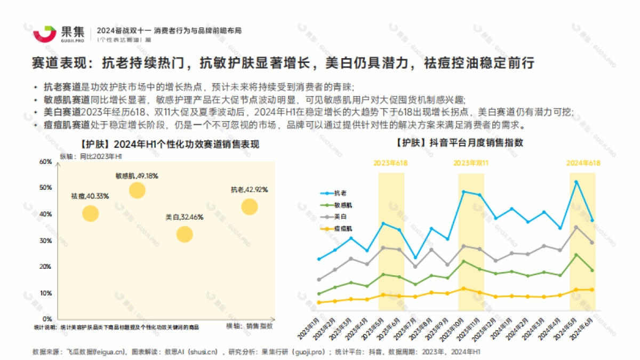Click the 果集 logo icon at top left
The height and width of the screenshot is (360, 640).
pyautogui.click(x=45, y=33)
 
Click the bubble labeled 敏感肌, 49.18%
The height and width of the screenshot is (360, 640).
pyautogui.click(x=137, y=190)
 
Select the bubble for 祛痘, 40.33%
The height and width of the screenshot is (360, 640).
pyautogui.click(x=91, y=213)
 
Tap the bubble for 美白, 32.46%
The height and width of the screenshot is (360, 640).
pyautogui.click(x=184, y=234)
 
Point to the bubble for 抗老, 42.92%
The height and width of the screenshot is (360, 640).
pyautogui.click(x=249, y=206)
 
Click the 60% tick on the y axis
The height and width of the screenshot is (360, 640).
pyautogui.click(x=46, y=162)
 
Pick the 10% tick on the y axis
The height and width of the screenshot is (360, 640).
pyautogui.click(x=46, y=293)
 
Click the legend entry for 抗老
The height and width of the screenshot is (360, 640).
pyautogui.click(x=340, y=193)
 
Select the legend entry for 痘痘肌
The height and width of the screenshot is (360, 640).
pyautogui.click(x=342, y=228)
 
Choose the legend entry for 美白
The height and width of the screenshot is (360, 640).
pyautogui.click(x=340, y=217)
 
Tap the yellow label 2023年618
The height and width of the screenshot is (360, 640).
pyautogui.click(x=390, y=163)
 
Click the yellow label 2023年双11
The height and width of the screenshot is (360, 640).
pyautogui.click(x=471, y=163)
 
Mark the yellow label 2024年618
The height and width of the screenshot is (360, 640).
pyautogui.click(x=583, y=163)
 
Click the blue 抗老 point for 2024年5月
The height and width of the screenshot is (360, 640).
pyautogui.click(x=577, y=182)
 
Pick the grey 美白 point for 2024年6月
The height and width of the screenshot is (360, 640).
pyautogui.click(x=592, y=243)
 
